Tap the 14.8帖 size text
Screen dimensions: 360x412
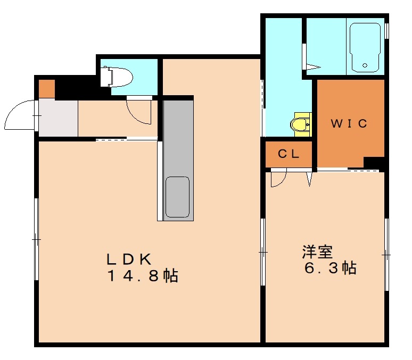tap(142, 277)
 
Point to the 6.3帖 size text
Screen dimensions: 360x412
tap(330, 268)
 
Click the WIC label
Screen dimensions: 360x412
tap(349, 123)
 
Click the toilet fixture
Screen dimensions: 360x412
tap(116, 76)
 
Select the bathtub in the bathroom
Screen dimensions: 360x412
tap(365, 48)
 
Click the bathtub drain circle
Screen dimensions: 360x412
tap(365, 66)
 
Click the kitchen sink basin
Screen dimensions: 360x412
tap(177, 197)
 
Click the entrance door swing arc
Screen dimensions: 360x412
tap(20, 114)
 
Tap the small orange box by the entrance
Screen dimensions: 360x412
tap(46, 88)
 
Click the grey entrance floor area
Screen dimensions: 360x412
tap(58, 118)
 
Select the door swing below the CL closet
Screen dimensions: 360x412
tap(278, 178)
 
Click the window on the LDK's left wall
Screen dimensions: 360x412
tap(36, 239)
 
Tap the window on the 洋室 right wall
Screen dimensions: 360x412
tap(387, 255)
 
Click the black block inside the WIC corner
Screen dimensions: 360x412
tap(373, 163)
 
